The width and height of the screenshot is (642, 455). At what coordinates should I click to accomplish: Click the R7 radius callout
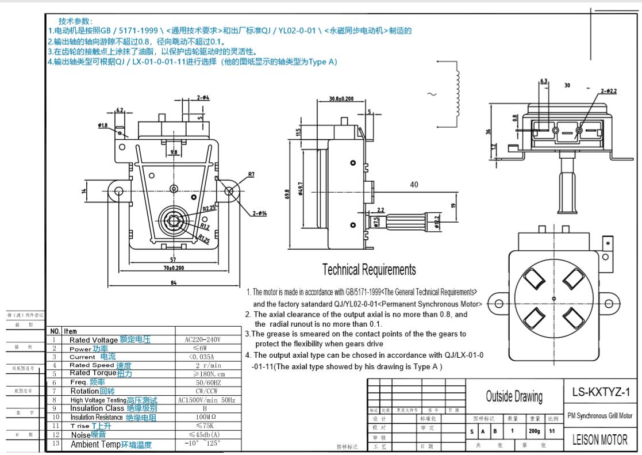(251, 174)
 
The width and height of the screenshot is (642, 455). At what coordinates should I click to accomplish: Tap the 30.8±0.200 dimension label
(341, 99)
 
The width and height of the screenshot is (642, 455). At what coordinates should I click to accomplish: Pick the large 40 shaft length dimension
(414, 185)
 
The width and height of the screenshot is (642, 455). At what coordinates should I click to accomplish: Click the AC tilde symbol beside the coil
(432, 94)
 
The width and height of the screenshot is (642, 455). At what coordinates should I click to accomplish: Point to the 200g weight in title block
(534, 430)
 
